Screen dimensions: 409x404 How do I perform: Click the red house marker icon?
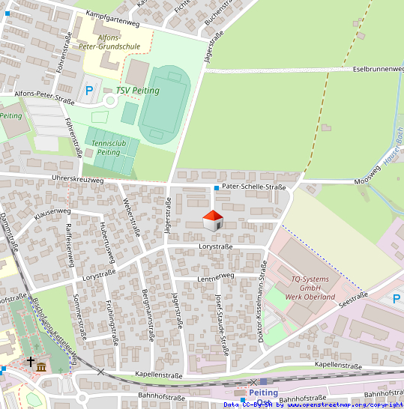(213, 221)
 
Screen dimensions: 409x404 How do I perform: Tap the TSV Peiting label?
(138, 91)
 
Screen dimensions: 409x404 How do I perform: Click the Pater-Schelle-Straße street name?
(254, 187)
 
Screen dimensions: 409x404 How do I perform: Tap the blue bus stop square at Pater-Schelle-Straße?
(216, 187)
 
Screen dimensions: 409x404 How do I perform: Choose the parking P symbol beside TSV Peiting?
(89, 91)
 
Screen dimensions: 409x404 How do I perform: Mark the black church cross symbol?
(31, 362)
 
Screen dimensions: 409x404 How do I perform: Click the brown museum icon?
(41, 367)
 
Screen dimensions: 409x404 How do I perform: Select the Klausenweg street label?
(52, 212)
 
